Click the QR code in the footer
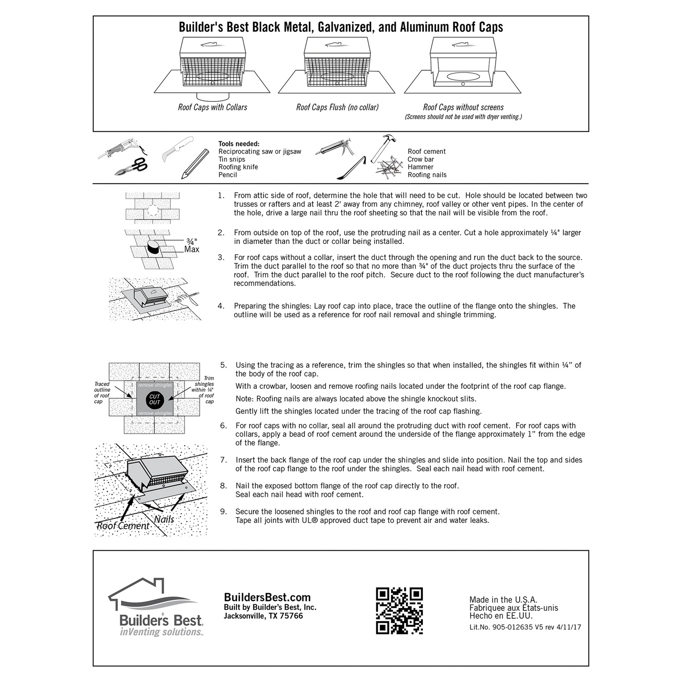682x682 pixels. pyautogui.click(x=399, y=611)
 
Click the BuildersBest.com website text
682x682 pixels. pyautogui.click(x=267, y=597)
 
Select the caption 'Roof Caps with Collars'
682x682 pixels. pyautogui.click(x=212, y=107)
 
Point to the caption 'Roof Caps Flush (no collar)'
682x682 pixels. pyautogui.click(x=337, y=107)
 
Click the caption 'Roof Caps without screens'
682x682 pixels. pyautogui.click(x=463, y=107)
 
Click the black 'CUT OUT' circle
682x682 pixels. pyautogui.click(x=155, y=399)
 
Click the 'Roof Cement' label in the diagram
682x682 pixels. pyautogui.click(x=123, y=526)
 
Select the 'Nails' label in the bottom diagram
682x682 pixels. pyautogui.click(x=164, y=519)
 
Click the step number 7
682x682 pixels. pyautogui.click(x=223, y=460)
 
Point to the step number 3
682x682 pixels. pyautogui.click(x=221, y=257)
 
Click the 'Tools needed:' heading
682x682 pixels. pyautogui.click(x=239, y=144)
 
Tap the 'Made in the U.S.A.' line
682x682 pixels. pyautogui.click(x=503, y=600)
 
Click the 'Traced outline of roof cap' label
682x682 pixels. pyautogui.click(x=102, y=393)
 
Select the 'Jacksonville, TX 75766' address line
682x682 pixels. pyautogui.click(x=263, y=616)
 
